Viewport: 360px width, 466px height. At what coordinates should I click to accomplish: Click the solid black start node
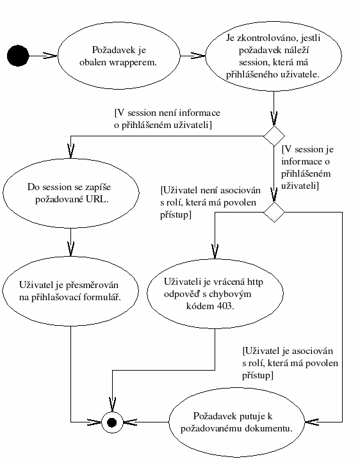tap(18, 56)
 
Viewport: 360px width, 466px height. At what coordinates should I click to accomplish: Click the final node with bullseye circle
tap(112, 422)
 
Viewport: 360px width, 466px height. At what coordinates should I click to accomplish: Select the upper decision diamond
tap(274, 136)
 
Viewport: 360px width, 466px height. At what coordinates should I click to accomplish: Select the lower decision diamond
tap(274, 213)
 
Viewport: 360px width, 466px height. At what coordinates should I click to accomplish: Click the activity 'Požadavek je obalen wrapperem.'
tap(119, 56)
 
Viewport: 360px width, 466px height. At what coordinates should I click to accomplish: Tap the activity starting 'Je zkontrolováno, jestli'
tap(274, 56)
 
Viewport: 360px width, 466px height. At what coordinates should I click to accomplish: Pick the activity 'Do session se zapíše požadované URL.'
tap(71, 193)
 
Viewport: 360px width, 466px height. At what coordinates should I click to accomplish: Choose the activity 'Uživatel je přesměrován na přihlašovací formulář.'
tap(70, 291)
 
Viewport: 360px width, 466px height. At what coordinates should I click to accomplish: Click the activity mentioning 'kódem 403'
tap(215, 294)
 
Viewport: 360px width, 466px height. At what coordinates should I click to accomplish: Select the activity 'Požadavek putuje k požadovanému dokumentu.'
tap(237, 422)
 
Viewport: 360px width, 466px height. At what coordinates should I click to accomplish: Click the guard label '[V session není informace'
tap(167, 113)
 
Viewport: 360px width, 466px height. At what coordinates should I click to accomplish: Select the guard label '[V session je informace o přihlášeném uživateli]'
tap(307, 167)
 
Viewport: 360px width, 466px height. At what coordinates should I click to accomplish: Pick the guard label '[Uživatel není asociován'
tap(210, 190)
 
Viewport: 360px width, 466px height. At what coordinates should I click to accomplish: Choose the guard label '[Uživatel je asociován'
tap(288, 351)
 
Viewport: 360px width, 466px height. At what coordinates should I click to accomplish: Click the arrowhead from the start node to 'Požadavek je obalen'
tap(50, 56)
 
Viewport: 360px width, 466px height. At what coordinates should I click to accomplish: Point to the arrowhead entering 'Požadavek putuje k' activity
tap(312, 422)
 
